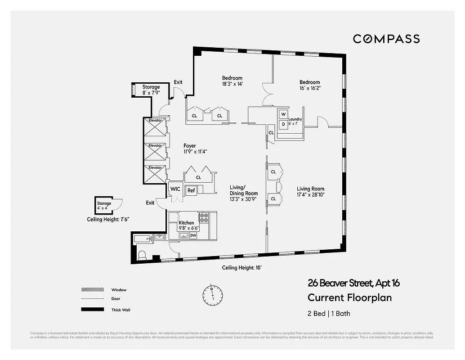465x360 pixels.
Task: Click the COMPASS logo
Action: tap(386, 39)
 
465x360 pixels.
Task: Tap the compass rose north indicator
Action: tap(212, 294)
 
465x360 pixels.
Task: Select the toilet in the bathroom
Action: tap(142, 255)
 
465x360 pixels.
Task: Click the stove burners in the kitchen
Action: tap(204, 218)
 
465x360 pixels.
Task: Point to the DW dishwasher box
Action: tap(193, 235)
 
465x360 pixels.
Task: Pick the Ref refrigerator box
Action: tap(191, 190)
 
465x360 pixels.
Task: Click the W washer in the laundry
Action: tap(284, 114)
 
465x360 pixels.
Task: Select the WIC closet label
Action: tap(175, 189)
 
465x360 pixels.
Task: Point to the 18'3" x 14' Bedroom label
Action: tap(232, 81)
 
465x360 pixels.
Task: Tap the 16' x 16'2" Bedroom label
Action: tap(310, 85)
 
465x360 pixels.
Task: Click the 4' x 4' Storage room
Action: tap(103, 206)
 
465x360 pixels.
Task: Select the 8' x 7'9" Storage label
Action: tap(151, 90)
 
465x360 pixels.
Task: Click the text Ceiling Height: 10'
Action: tap(241, 268)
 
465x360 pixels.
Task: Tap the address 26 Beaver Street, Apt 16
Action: tap(353, 283)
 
